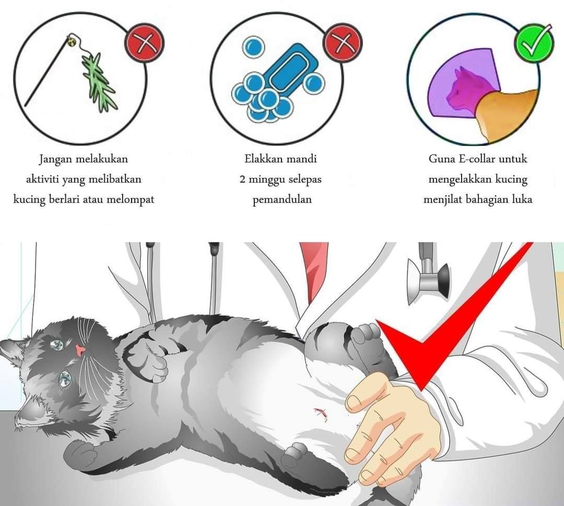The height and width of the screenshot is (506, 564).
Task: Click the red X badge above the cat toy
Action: coord(144,43)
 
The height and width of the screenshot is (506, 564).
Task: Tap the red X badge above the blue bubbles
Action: coord(343,43)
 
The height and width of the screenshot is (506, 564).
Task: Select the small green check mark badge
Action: coord(534,43)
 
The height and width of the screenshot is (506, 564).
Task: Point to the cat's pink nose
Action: coord(80,350)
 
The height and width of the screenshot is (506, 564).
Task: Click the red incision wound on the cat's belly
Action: coord(321,414)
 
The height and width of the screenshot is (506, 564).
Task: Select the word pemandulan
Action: coord(282,199)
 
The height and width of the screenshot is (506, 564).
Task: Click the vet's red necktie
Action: coord(313,270)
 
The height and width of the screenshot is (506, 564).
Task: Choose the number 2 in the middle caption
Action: coord(243,179)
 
